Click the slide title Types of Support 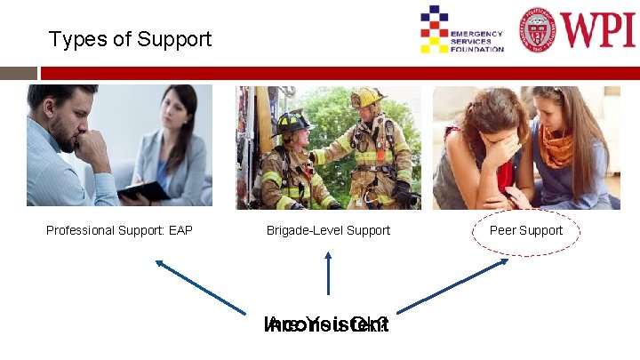[130, 39]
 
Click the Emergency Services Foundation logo [461, 29]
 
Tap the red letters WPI [598, 29]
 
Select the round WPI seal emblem [540, 29]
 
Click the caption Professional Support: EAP [119, 230]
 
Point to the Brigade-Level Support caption [328, 230]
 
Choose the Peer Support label [526, 230]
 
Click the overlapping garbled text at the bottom [327, 325]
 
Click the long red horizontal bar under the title [338, 73]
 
